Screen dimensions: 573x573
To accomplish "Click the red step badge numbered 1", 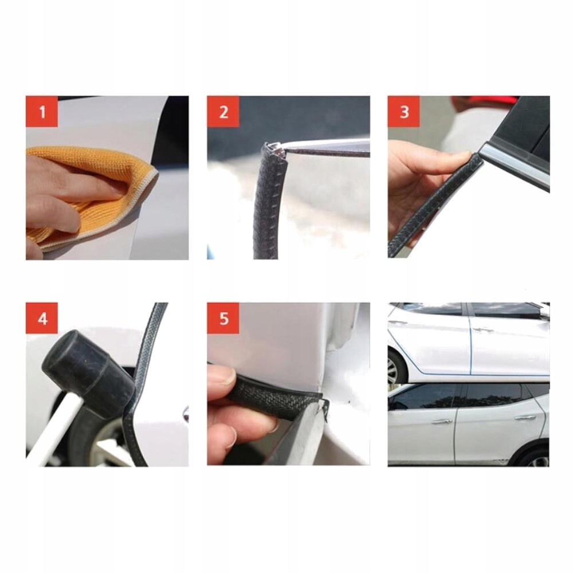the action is click(42, 112).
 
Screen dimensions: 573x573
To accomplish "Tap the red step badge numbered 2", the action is click(223, 112).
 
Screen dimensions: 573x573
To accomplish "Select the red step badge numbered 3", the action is click(404, 112).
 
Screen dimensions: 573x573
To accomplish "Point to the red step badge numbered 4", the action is click(42, 318).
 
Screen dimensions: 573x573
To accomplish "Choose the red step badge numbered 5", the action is click(223, 318).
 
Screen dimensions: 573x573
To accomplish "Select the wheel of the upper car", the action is click(396, 366).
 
